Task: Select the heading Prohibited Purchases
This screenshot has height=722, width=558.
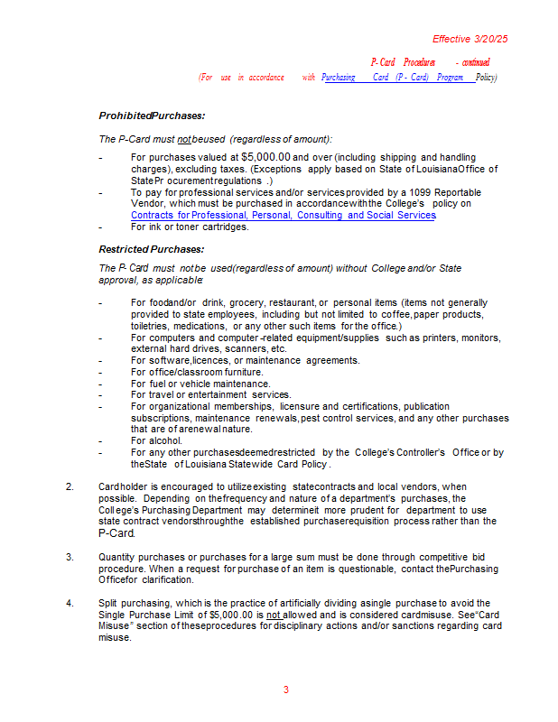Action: (152, 116)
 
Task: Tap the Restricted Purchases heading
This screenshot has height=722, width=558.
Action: (152, 249)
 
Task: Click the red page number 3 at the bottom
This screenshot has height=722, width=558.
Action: (286, 690)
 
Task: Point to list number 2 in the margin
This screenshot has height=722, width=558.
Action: (70, 487)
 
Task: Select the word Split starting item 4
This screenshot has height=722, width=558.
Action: (108, 603)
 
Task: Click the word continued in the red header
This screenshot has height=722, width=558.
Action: (476, 62)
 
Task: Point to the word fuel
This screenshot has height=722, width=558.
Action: (155, 384)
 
